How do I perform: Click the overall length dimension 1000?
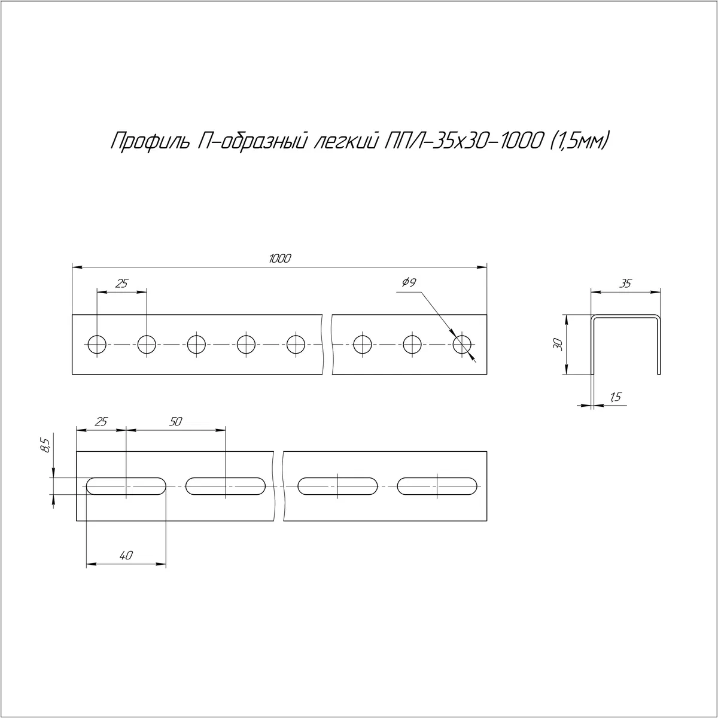point(280,258)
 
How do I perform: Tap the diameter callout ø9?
point(409,282)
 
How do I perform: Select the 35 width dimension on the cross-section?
point(625,284)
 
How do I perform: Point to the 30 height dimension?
point(558,344)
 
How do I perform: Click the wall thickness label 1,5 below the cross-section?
point(616,397)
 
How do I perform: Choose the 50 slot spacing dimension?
point(175,421)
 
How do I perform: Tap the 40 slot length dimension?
point(126,555)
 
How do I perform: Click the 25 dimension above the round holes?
point(121,284)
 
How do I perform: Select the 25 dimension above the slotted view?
point(101,421)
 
